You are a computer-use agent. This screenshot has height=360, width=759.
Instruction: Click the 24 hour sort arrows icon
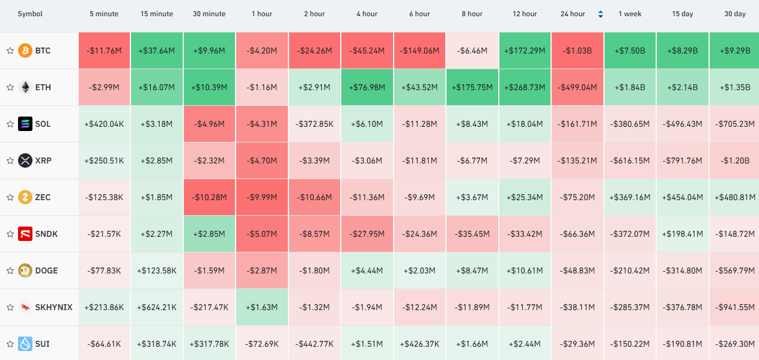tap(600, 14)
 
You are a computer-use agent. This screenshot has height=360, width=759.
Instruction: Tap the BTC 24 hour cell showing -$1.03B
tap(578, 50)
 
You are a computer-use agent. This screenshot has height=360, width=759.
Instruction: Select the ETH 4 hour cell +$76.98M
tap(367, 87)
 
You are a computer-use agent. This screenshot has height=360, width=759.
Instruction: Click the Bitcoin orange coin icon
tap(25, 50)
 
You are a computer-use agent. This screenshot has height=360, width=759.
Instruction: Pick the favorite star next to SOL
tap(10, 124)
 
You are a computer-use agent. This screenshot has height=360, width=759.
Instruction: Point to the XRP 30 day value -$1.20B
tap(734, 160)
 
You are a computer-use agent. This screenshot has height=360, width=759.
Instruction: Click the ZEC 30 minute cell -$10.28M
tap(209, 197)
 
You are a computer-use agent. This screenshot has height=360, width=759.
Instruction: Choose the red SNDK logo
tap(25, 234)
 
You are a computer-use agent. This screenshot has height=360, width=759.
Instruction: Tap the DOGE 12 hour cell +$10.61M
tap(525, 270)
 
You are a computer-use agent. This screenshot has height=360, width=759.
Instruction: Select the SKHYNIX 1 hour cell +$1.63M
tap(262, 307)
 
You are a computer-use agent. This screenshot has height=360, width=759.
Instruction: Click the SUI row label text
tap(42, 344)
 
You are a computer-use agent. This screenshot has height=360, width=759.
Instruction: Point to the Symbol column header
tap(30, 14)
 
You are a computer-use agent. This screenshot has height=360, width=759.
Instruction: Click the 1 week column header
tap(630, 14)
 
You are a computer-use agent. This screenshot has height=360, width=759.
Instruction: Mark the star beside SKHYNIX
tap(10, 307)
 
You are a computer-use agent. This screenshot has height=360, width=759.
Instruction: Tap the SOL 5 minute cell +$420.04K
tap(104, 124)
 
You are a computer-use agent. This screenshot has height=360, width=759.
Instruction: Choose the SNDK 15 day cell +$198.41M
tap(683, 234)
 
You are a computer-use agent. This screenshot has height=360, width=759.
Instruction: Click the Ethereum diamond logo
tap(25, 87)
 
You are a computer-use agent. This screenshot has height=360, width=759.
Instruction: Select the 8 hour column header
tap(472, 14)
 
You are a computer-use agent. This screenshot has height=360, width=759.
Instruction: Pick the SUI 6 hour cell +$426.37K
tap(419, 344)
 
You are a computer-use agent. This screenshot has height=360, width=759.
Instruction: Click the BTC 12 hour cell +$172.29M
tap(525, 50)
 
